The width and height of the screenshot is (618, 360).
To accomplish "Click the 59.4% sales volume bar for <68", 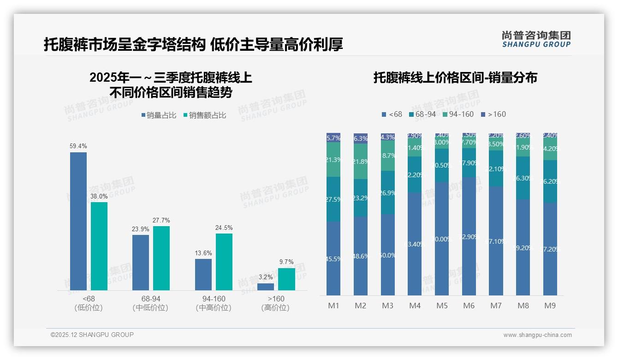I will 78,221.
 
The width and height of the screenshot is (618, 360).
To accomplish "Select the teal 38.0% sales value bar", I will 99,246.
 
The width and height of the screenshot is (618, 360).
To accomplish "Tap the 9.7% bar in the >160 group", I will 286,279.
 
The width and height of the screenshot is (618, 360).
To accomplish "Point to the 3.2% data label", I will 265,277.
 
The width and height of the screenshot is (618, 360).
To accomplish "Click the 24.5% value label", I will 224,228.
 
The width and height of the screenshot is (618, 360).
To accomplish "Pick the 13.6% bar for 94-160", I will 203,274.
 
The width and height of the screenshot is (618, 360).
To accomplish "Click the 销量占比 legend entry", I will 159,115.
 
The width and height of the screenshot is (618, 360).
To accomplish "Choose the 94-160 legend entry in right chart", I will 458,114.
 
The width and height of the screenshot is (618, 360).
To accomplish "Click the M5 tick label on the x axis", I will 442,306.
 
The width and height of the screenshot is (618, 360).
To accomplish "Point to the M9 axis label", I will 550,306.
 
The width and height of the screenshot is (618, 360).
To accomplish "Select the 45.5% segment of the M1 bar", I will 333,258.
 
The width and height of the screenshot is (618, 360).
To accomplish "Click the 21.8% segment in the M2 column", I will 361,162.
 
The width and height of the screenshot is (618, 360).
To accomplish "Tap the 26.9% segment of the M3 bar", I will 388,192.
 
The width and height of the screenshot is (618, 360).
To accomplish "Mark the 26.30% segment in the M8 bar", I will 523,178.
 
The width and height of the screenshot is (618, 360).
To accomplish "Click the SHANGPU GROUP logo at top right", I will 536,39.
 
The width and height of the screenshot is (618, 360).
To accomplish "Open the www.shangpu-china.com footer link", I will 537,335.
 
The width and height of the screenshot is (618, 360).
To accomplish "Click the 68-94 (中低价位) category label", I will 150,303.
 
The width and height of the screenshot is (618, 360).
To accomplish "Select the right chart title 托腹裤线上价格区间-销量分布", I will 455,78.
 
